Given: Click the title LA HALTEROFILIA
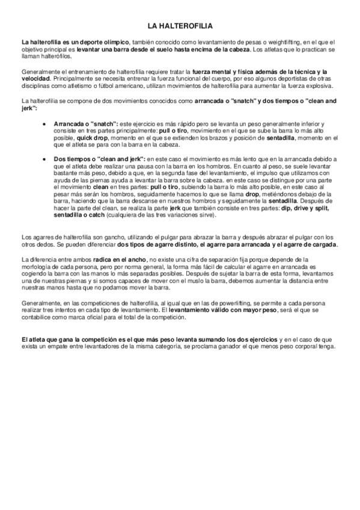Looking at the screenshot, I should click(180, 26).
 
